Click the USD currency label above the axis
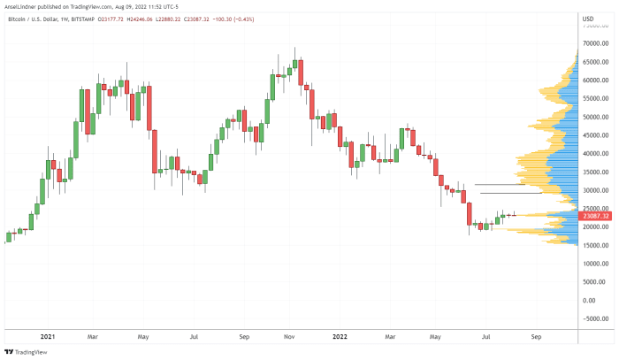[x=588, y=18]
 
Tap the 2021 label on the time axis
[x=47, y=337]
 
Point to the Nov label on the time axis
[x=290, y=337]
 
